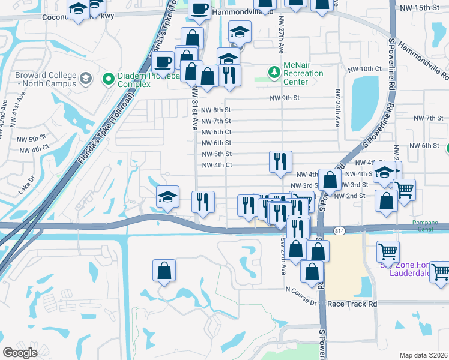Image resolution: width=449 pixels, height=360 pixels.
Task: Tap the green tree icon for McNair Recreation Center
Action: point(275,73)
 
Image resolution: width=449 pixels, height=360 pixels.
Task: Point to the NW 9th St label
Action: point(285,98)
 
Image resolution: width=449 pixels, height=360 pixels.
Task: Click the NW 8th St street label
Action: point(216,110)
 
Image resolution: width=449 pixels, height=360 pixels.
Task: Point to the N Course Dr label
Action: point(303,290)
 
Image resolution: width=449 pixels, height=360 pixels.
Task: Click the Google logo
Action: point(20,353)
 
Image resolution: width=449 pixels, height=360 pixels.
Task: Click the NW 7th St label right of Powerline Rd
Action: point(433,118)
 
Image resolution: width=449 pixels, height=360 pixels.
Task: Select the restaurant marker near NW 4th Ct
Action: point(280,161)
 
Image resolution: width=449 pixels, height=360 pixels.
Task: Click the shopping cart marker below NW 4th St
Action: point(405,190)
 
